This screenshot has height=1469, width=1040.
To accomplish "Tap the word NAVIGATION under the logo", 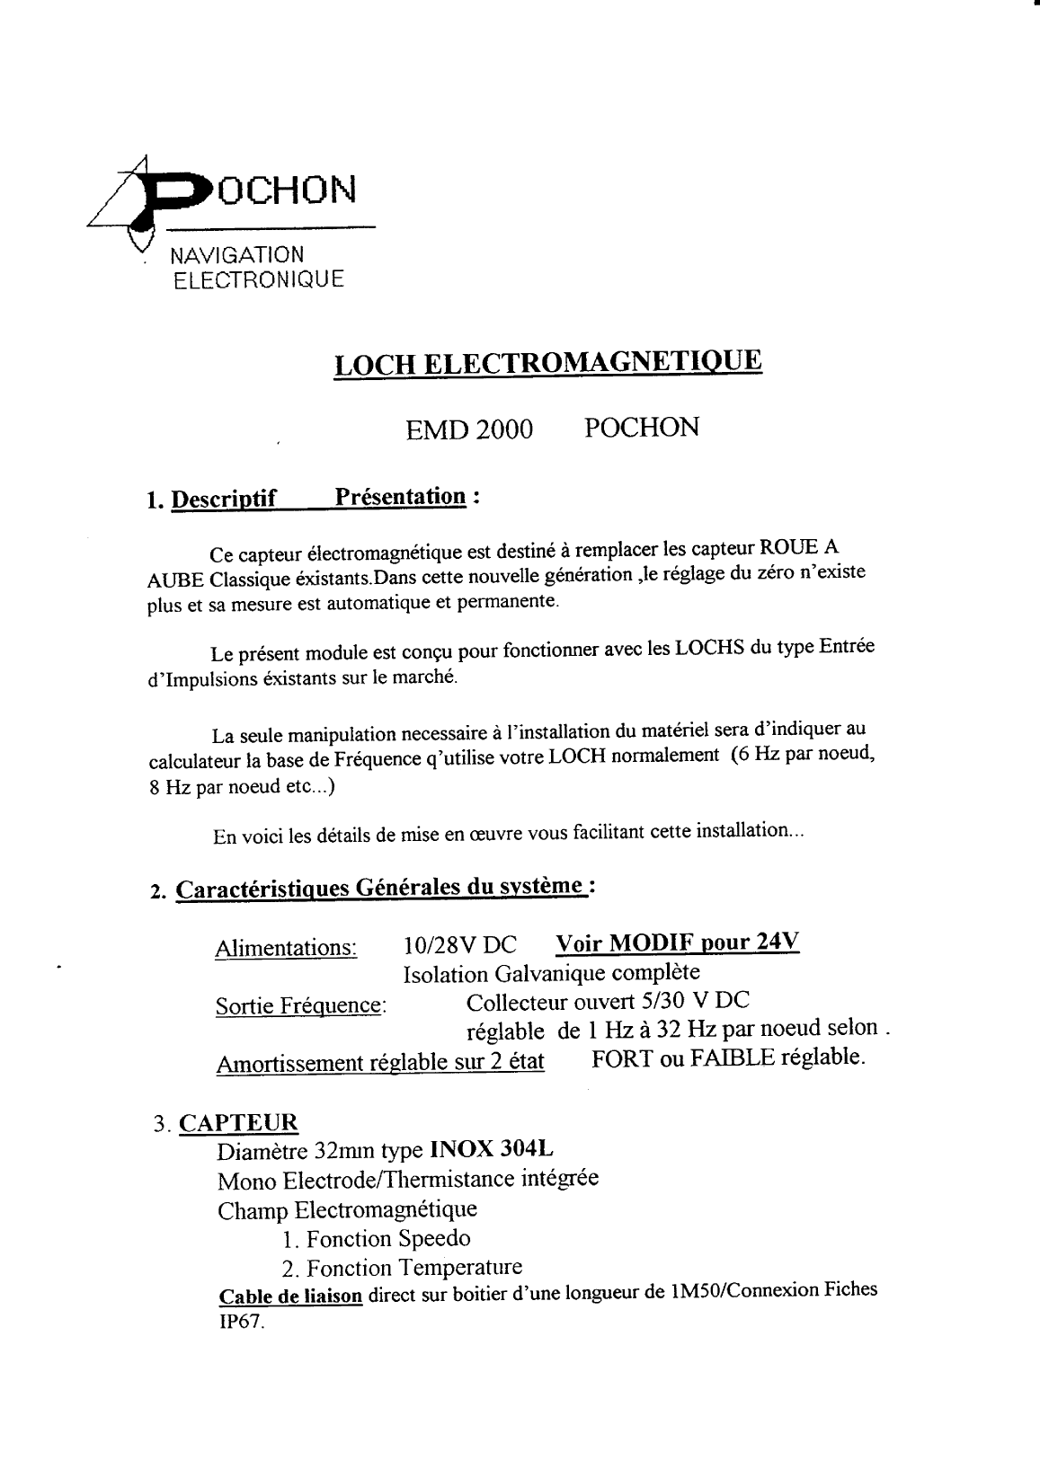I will tap(237, 255).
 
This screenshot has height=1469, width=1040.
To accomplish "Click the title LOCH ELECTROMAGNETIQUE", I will tap(547, 364).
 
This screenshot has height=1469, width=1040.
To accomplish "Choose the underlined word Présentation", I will tap(401, 497).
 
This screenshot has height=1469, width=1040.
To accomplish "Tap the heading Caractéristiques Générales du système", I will tap(381, 889).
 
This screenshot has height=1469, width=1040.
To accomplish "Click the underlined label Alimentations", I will tap(286, 948).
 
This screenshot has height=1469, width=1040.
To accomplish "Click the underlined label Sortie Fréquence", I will tap(300, 1006).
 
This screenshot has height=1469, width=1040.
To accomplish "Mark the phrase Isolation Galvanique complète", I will tap(551, 974).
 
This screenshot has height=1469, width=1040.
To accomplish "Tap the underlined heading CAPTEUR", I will tap(238, 1123).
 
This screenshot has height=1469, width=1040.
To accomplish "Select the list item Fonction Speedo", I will tap(376, 1239).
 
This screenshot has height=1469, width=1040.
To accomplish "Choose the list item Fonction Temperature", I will tap(401, 1268).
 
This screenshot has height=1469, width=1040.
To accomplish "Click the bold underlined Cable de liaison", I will tap(291, 1296).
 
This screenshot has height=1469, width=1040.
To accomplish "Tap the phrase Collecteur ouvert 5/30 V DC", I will tap(609, 1001).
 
